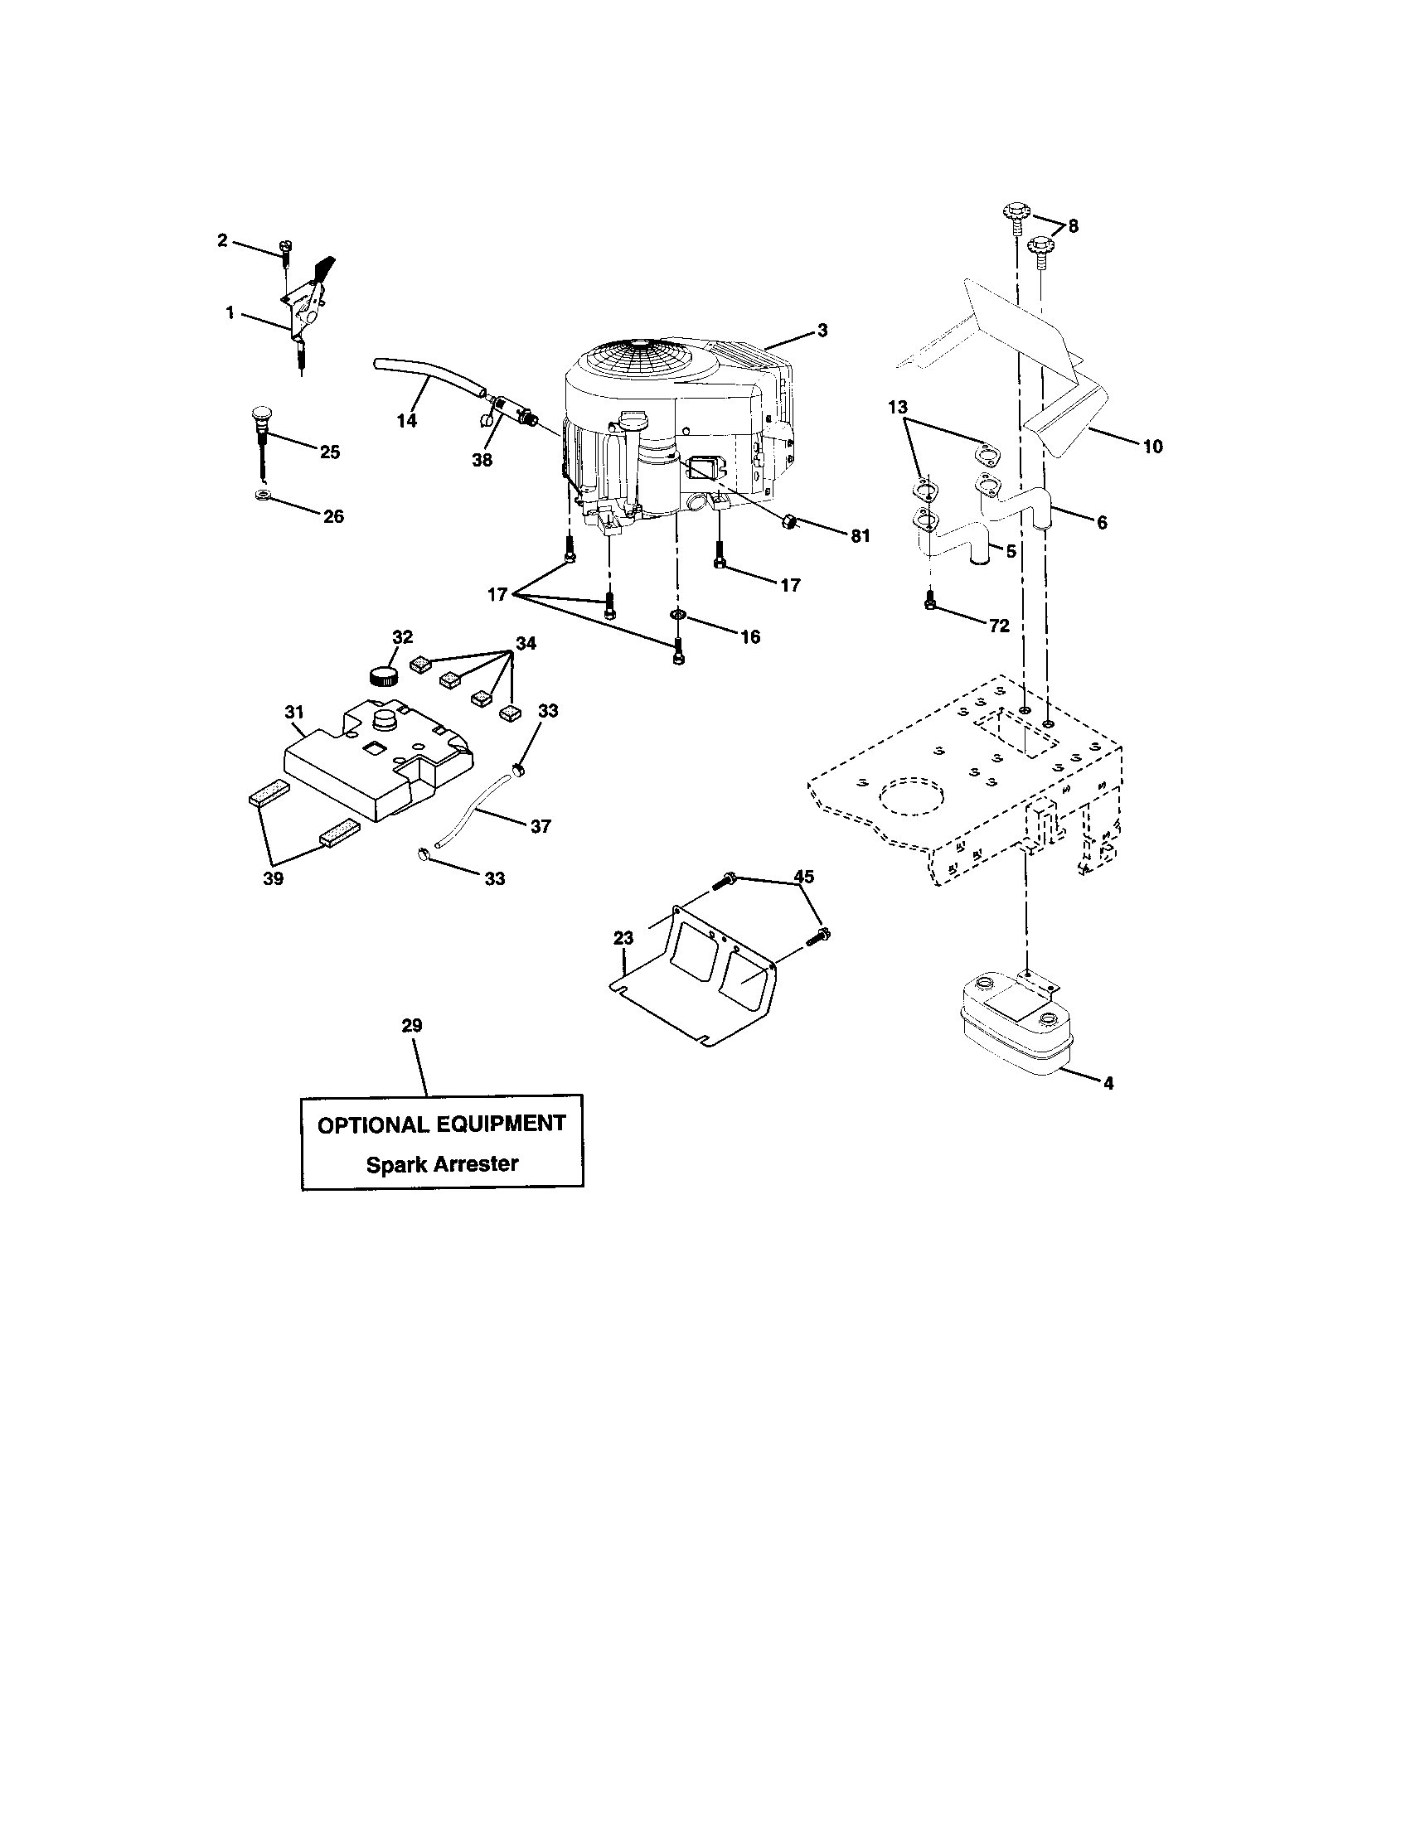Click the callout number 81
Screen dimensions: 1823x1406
pos(860,536)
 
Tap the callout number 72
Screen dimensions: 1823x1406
pos(999,625)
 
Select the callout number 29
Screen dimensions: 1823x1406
pos(412,1025)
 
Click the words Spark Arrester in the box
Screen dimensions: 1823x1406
pos(442,1163)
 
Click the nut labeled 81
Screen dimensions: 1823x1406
pos(786,523)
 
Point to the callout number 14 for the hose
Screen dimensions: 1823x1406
pos(405,421)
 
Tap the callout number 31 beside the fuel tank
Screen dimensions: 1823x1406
pos(294,712)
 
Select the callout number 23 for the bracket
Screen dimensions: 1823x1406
pos(623,937)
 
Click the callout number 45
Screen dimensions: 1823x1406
pos(803,877)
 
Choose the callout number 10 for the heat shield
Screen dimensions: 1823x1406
pos(1152,447)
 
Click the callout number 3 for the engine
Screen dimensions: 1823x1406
pos(822,331)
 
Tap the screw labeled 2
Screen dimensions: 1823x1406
pos(284,249)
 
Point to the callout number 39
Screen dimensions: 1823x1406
pos(273,878)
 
